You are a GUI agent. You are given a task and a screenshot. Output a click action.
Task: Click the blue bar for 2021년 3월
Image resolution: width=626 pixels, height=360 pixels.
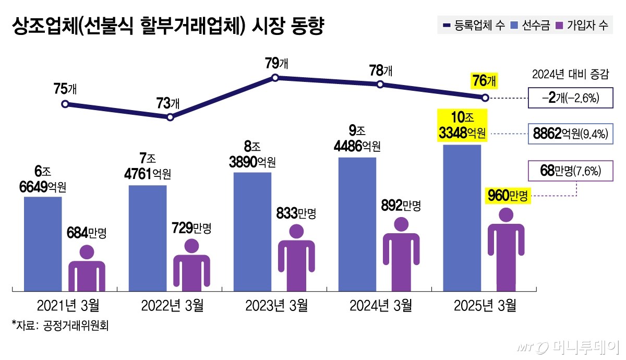pyautogui.click(x=43, y=243)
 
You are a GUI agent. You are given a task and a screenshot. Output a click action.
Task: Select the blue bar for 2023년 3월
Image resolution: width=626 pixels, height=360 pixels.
pyautogui.click(x=252, y=231)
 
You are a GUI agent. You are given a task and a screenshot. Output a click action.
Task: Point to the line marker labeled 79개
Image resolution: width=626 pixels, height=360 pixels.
pyautogui.click(x=275, y=78)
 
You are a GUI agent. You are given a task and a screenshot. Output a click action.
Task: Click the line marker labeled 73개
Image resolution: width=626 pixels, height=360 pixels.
pyautogui.click(x=171, y=117)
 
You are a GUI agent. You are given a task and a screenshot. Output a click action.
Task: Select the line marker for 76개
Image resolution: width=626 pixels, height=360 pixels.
pyautogui.click(x=485, y=98)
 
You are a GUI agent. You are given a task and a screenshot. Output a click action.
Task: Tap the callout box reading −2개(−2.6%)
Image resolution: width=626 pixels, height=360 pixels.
pyautogui.click(x=570, y=98)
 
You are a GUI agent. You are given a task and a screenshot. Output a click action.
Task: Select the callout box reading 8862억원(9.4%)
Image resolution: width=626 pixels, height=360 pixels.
pyautogui.click(x=570, y=134)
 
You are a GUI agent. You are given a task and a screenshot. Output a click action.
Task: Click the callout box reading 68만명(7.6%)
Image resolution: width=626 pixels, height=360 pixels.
pyautogui.click(x=570, y=171)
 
